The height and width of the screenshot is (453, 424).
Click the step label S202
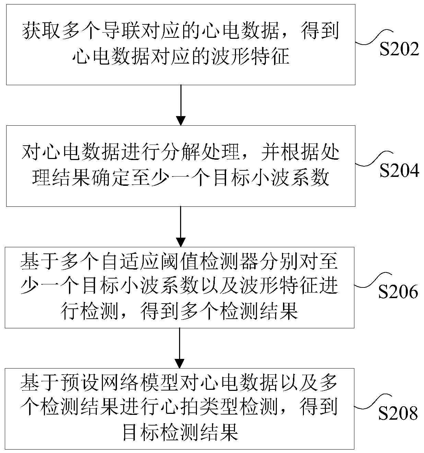point(399,50)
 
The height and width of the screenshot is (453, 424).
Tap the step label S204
point(399,171)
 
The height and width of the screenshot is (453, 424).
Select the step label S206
point(398,292)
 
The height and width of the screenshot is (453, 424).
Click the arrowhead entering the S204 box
point(181,121)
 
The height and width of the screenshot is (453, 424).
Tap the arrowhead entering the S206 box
point(180,242)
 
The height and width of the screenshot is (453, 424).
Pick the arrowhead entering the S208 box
point(180,363)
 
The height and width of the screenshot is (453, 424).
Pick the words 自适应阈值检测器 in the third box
point(159,262)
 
